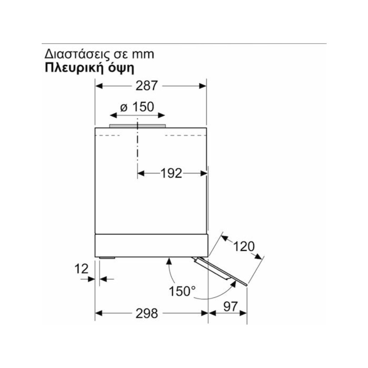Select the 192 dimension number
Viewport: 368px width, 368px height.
(x=171, y=173)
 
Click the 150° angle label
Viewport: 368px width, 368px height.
(x=182, y=291)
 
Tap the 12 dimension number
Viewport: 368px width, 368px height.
(x=81, y=269)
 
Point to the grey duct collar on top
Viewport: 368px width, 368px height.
(x=137, y=126)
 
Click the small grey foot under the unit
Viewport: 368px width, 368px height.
(x=107, y=258)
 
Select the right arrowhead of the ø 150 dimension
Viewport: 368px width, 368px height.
(x=161, y=115)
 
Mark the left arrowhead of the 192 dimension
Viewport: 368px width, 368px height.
(x=141, y=173)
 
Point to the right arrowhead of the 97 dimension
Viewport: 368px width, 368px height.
(x=243, y=313)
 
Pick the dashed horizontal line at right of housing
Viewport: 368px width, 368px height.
(x=186, y=136)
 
